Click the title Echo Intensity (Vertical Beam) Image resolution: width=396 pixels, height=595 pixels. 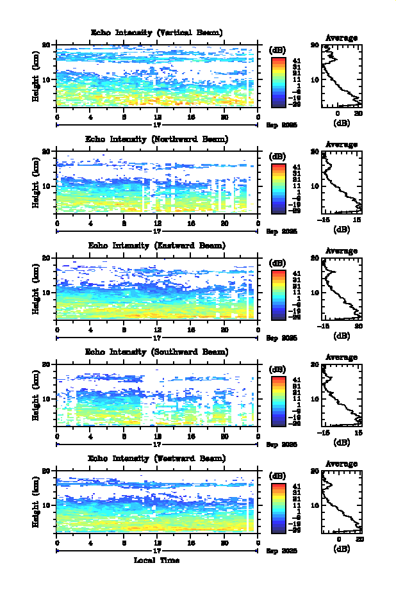(x=157, y=33)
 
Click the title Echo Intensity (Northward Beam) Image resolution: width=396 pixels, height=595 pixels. (x=157, y=139)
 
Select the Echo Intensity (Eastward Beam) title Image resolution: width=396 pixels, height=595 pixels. (x=157, y=245)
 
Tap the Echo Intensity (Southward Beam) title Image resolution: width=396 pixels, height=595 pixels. (x=157, y=352)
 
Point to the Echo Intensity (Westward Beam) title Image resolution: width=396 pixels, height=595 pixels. (x=157, y=458)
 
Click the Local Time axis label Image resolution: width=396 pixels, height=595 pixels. (x=156, y=560)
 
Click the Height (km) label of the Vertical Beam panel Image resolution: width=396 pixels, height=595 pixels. (x=37, y=76)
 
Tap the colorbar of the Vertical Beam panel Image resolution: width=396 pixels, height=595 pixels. (x=278, y=81)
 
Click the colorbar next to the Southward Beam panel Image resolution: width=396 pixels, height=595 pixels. (x=278, y=400)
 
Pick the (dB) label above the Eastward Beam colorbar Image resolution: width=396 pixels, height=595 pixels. (x=277, y=263)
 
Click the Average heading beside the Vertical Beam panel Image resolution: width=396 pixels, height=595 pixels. (x=342, y=38)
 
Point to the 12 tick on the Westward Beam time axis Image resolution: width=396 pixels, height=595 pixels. (x=157, y=543)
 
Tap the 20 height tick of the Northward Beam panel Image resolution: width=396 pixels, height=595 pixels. (x=46, y=152)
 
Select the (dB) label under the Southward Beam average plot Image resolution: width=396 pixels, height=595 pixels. (x=342, y=442)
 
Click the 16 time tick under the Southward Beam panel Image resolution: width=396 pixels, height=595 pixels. (x=191, y=437)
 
